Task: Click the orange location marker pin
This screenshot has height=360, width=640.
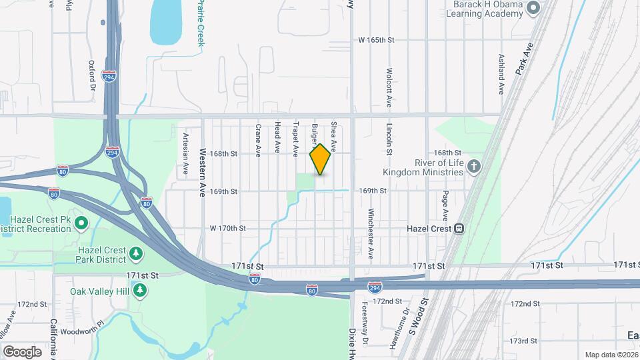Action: pos(320,159)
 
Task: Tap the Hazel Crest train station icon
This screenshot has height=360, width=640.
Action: pos(459,229)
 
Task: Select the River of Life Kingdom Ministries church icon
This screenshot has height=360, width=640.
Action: pos(473,165)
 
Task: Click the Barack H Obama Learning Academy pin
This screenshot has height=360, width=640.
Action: pos(532,8)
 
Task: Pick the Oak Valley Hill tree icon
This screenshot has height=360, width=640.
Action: pos(139,291)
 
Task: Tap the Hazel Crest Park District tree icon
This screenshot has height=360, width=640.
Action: pos(136,253)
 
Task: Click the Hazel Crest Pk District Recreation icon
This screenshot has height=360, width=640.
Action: pos(81,222)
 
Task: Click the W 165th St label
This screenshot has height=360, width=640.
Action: pos(377,40)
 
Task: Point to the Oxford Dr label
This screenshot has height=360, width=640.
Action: pos(92,76)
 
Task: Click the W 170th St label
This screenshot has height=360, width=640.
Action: pos(228,228)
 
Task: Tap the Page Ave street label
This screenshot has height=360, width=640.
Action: pos(445,206)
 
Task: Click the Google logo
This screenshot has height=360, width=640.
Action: pos(22,351)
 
